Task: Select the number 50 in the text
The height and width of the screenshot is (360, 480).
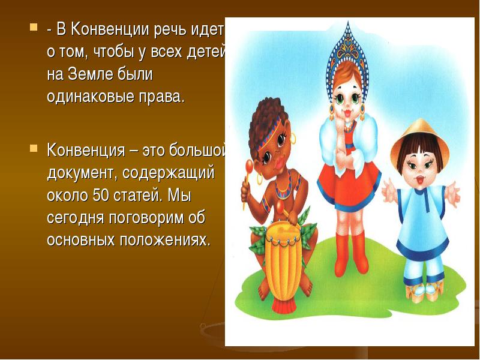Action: pyautogui.click(x=101, y=196)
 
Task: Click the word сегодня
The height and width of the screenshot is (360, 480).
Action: pyautogui.click(x=76, y=218)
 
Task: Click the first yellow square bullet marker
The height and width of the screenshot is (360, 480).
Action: pyautogui.click(x=34, y=27)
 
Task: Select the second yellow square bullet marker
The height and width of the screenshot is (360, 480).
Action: pyautogui.click(x=34, y=149)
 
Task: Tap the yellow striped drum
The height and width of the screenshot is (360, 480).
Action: pyautogui.click(x=283, y=260)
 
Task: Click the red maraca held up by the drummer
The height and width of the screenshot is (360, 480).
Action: pyautogui.click(x=249, y=167)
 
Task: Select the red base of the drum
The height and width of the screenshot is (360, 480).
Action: pyautogui.click(x=283, y=305)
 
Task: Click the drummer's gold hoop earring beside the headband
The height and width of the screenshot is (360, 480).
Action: pyautogui.click(x=293, y=138)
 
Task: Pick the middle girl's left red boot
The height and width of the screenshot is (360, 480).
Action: pyautogui.click(x=342, y=254)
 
